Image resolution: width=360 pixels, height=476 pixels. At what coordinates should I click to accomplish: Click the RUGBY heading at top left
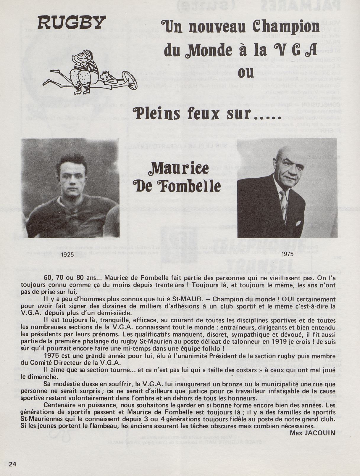point(72,22)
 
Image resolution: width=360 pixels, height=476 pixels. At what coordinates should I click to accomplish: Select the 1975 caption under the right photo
point(287,254)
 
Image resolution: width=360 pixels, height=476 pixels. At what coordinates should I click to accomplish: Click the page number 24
point(13,464)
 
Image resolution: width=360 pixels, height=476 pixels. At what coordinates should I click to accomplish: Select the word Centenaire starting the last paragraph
point(62,405)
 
